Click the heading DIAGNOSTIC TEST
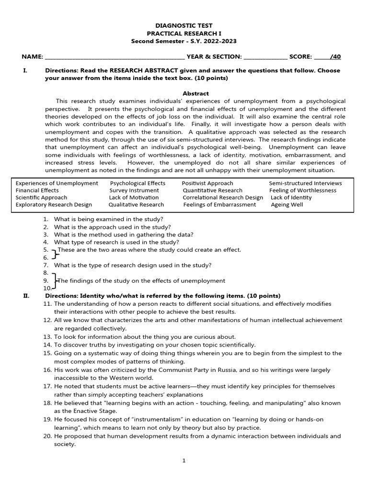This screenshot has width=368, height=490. [184, 25]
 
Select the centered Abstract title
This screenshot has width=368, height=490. [196, 93]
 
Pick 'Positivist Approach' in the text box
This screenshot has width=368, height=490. [207, 183]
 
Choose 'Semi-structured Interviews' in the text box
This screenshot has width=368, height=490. [305, 183]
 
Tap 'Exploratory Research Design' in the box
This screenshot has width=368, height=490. [54, 205]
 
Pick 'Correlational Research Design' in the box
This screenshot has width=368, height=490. [223, 198]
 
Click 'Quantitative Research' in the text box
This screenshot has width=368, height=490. [212, 190]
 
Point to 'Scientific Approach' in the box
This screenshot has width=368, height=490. [41, 198]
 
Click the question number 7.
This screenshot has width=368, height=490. [46, 265]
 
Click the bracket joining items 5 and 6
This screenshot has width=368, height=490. [54, 254]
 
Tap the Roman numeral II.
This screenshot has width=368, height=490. [26, 296]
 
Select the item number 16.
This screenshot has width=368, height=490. [47, 370]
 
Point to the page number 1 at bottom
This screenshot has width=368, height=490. [184, 461]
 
